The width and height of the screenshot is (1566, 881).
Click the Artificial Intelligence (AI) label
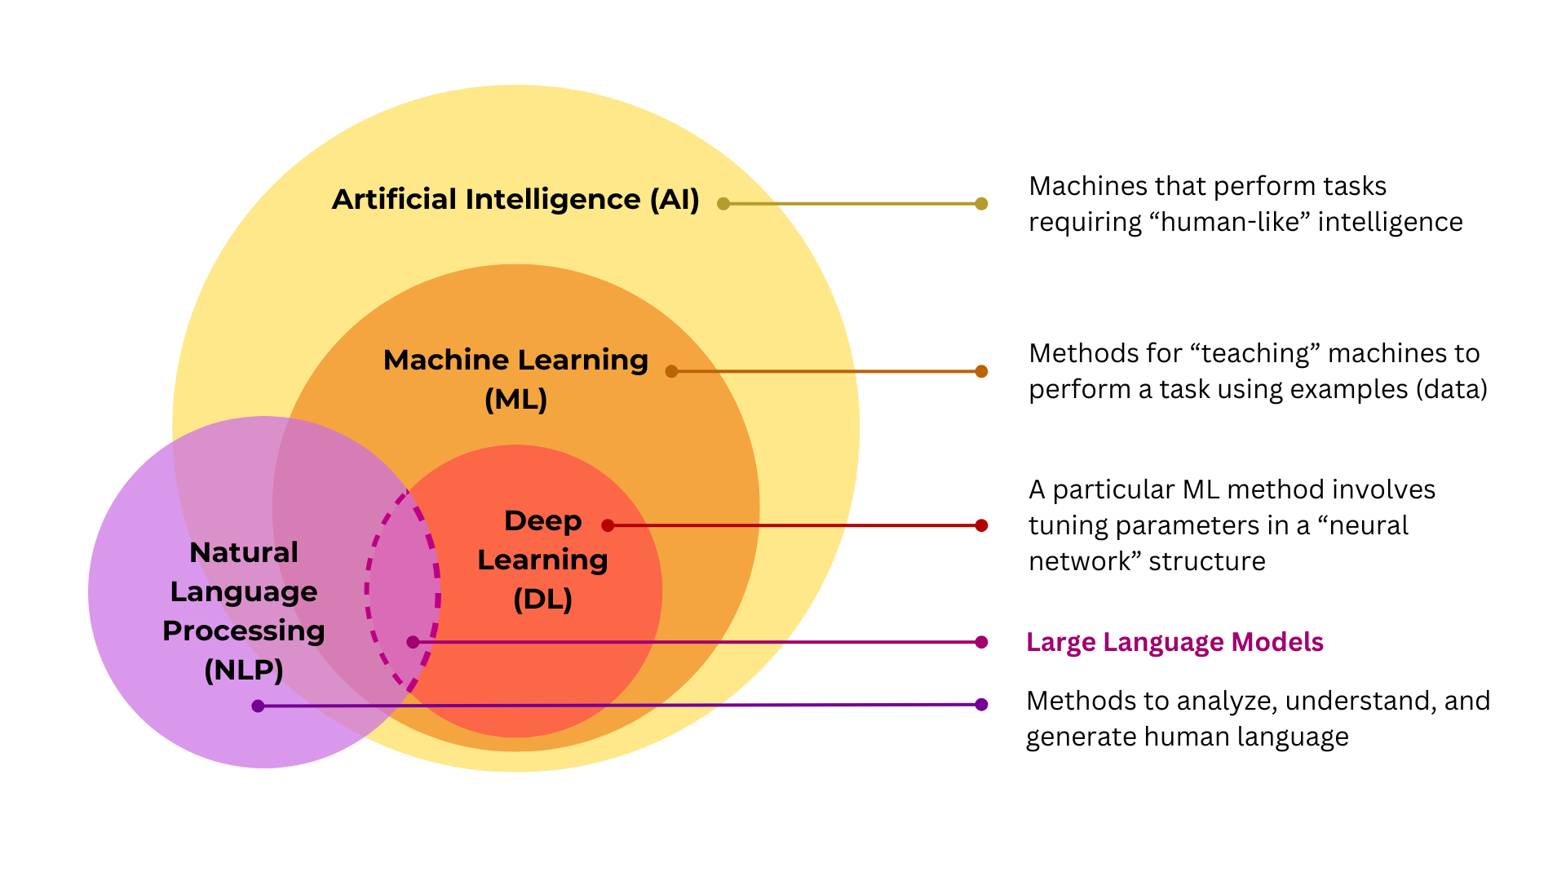click(515, 200)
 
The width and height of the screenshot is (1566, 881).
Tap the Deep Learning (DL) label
click(542, 560)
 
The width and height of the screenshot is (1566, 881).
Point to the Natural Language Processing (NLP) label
click(244, 610)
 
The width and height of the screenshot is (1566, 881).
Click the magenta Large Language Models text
click(1174, 642)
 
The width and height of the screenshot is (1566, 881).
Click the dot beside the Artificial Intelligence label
click(723, 204)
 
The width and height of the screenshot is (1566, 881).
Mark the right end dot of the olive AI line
click(981, 204)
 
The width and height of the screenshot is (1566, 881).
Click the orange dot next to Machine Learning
click(671, 371)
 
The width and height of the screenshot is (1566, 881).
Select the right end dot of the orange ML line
click(981, 371)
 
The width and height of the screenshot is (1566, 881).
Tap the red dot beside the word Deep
click(608, 525)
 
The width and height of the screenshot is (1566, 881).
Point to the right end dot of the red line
click(981, 525)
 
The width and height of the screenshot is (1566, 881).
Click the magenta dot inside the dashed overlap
click(413, 642)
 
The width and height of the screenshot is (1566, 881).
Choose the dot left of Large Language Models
click(981, 642)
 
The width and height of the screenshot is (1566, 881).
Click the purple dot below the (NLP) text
click(258, 706)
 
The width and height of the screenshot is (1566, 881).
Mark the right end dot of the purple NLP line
click(981, 705)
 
